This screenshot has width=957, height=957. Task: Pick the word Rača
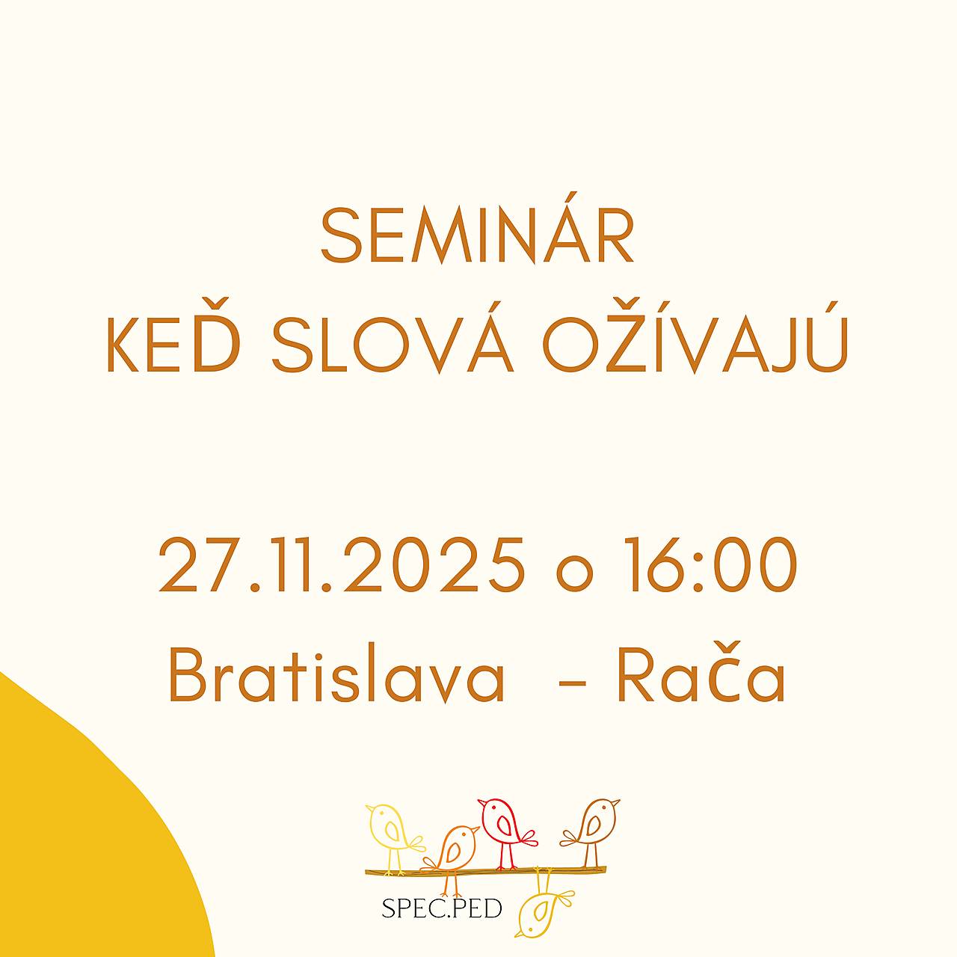(x=701, y=677)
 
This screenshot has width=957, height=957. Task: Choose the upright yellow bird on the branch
(x=392, y=831)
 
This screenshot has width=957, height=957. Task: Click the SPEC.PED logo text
(x=441, y=909)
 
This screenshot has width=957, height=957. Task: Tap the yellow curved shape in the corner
(x=75, y=845)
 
